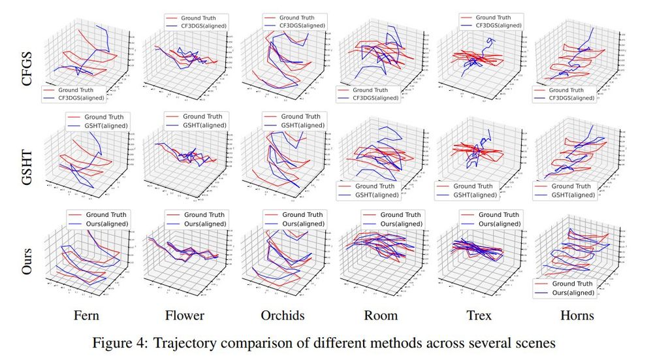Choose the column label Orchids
click(x=283, y=315)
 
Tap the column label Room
click(x=381, y=315)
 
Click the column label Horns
click(x=578, y=315)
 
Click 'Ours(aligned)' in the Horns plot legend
click(x=572, y=293)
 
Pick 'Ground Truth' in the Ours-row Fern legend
click(x=105, y=214)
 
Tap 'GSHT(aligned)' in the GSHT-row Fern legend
click(x=105, y=125)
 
